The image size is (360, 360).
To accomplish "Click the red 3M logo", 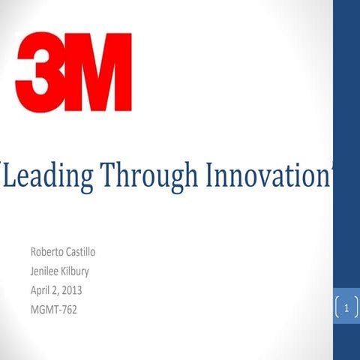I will click(x=73, y=72).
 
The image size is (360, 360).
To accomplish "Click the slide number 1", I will click(x=346, y=307).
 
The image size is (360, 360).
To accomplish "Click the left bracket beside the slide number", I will click(x=337, y=307).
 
